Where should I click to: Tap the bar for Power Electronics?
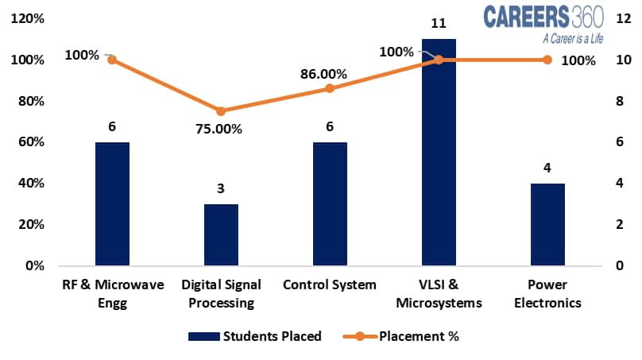point(547,224)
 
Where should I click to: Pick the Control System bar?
point(330,204)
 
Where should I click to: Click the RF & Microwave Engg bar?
point(112,204)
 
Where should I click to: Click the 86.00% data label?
point(323,73)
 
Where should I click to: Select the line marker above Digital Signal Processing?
point(221,111)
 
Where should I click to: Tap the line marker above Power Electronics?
point(547,60)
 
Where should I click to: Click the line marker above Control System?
point(330,88)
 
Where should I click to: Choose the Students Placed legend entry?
point(254,336)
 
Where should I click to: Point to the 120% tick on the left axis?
point(29,19)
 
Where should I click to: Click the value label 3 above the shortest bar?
point(221,189)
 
